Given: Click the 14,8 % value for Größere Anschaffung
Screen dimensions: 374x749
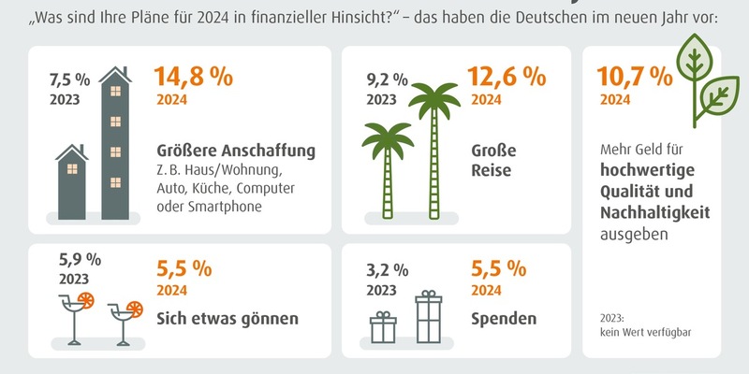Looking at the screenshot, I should click(194, 77).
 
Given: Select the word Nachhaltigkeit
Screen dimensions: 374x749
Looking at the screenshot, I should click(654, 214).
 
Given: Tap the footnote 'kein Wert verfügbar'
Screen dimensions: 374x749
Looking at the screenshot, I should click(645, 333).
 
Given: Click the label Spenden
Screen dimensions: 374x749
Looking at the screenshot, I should click(503, 318).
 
